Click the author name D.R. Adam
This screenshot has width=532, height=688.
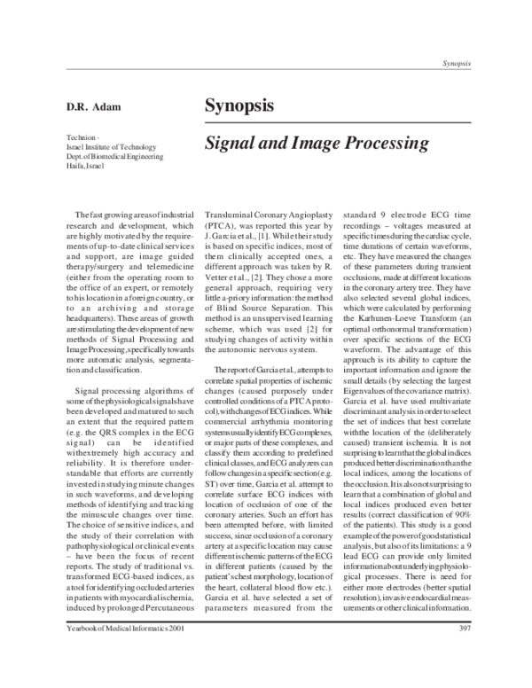click(91, 107)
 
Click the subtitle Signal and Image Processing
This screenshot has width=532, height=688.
click(317, 141)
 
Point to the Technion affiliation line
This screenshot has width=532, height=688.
click(82, 137)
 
